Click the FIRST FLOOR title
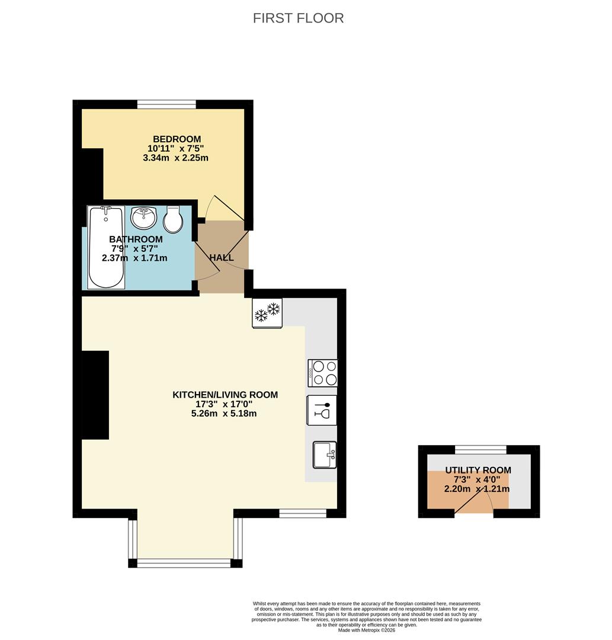[x=298, y=18]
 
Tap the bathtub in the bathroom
[x=106, y=247]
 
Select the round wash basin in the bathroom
[x=143, y=217]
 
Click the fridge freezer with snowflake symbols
[x=268, y=313]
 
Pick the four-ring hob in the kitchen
[x=323, y=373]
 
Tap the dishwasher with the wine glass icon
[x=322, y=410]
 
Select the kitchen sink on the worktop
[x=325, y=455]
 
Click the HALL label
[x=222, y=258]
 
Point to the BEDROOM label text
[x=177, y=139]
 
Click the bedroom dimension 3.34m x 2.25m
[x=175, y=158]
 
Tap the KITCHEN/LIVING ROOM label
[x=225, y=395]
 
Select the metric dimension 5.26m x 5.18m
[x=224, y=414]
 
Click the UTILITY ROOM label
[x=478, y=470]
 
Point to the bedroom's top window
[x=166, y=104]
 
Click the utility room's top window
[x=481, y=449]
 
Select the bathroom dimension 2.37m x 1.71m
[x=134, y=258]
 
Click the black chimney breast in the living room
[x=95, y=395]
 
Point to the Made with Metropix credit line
[x=366, y=630]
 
